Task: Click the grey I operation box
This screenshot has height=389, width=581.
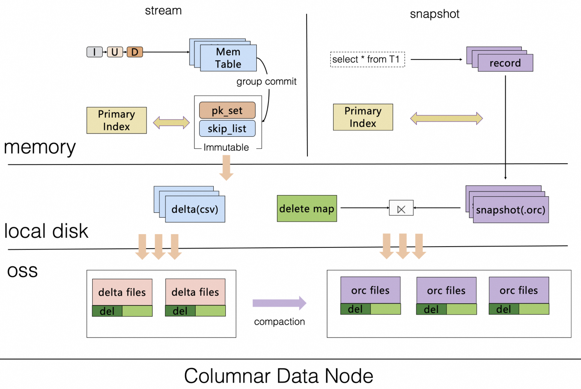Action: (94, 52)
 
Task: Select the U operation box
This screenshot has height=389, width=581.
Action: (115, 52)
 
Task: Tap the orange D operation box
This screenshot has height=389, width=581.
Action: (135, 52)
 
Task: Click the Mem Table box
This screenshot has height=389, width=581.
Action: (228, 58)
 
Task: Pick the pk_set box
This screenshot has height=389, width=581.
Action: (227, 110)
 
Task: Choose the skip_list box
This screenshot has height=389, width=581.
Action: (227, 129)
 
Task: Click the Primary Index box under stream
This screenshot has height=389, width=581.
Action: (117, 120)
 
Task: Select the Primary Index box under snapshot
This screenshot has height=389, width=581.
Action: (363, 117)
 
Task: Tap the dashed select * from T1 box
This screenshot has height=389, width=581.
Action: (367, 59)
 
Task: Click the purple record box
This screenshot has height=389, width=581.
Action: (505, 63)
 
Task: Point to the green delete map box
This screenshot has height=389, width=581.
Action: (307, 208)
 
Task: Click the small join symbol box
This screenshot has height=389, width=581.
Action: (401, 208)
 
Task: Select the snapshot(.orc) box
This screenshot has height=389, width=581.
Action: (511, 210)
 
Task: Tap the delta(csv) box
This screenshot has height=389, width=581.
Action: (195, 209)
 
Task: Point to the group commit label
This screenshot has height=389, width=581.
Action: (266, 81)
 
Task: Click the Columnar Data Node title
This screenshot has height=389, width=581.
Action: (278, 376)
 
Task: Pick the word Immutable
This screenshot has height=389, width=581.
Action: (226, 147)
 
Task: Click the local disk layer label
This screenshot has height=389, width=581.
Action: (46, 231)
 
